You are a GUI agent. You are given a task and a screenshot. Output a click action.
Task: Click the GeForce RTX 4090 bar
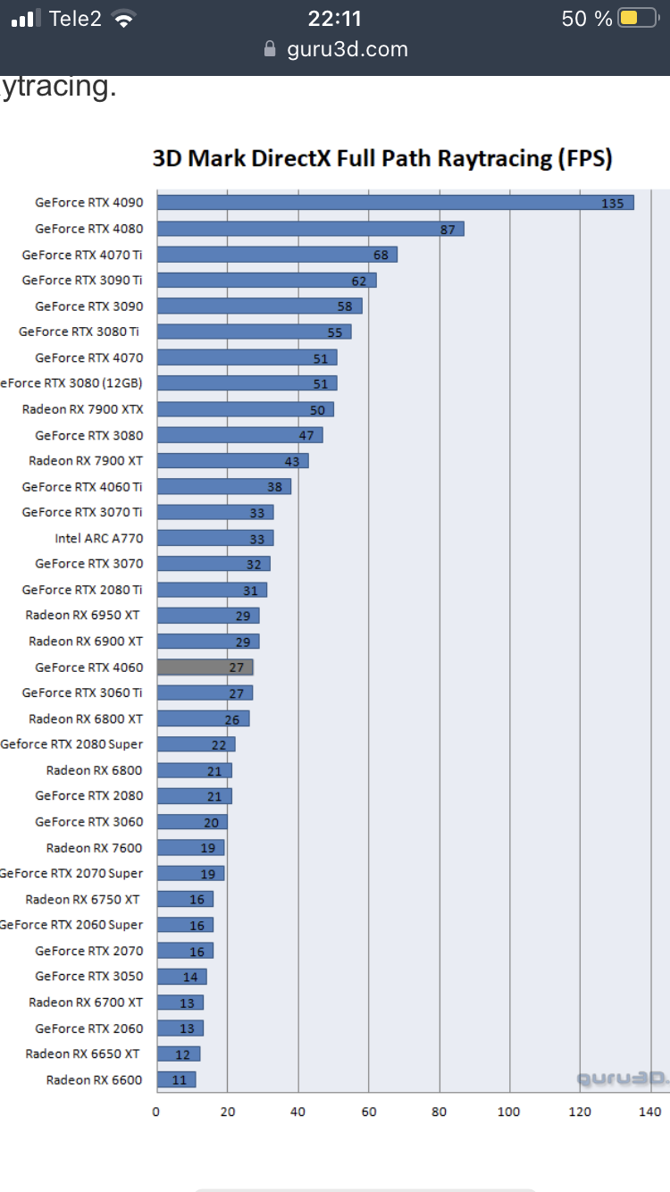[395, 203]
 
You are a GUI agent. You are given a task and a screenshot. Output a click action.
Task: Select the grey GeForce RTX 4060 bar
[205, 667]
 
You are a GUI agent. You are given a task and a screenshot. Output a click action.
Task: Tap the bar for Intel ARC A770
[214, 538]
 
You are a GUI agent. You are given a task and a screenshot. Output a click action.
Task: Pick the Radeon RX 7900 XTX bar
[245, 409]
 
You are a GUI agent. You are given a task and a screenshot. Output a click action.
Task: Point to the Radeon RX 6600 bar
[176, 1079]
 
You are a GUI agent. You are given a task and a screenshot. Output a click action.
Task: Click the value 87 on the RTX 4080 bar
[448, 230]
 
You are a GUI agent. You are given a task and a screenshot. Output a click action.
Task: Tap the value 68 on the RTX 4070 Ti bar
[381, 255]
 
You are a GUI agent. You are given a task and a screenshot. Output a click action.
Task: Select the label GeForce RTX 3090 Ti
[82, 281]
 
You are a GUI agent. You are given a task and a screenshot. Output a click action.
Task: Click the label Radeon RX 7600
[95, 848]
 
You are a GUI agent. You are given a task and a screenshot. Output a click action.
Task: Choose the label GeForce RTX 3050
[89, 977]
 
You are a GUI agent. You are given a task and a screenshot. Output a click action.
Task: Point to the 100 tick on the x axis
[509, 1112]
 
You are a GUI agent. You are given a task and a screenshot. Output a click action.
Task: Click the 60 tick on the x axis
[368, 1112]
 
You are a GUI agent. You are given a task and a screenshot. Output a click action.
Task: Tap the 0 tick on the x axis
[156, 1112]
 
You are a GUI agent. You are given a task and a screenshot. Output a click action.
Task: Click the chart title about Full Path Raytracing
[382, 159]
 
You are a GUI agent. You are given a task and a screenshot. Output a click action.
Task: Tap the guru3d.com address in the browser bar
[348, 49]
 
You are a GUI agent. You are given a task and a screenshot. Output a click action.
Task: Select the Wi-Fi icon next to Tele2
[124, 19]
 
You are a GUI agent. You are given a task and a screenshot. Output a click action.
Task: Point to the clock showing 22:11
[334, 18]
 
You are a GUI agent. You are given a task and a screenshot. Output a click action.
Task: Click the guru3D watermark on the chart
[621, 1079]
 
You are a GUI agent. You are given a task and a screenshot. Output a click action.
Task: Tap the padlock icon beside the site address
[271, 49]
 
